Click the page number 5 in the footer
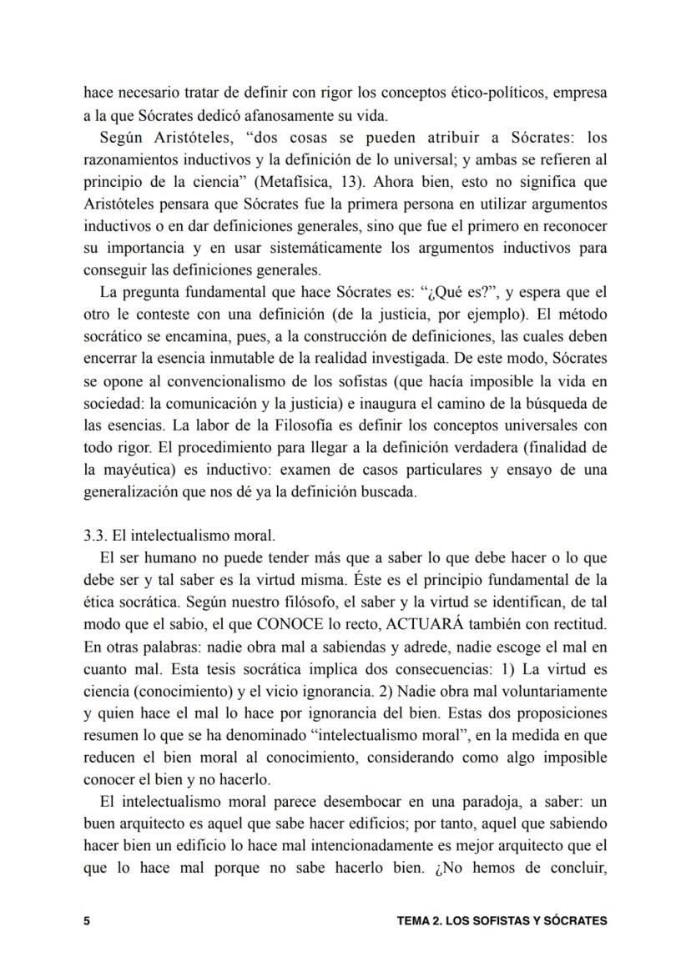click(x=86, y=921)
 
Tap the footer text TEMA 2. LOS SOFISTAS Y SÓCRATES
click(x=502, y=921)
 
